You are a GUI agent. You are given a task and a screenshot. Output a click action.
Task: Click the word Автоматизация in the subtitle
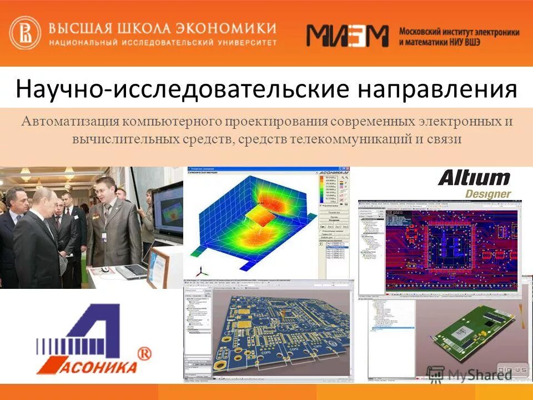(69, 121)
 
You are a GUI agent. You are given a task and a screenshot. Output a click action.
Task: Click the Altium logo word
(474, 178)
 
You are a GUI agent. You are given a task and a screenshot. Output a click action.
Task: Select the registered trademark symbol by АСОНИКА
(144, 353)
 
